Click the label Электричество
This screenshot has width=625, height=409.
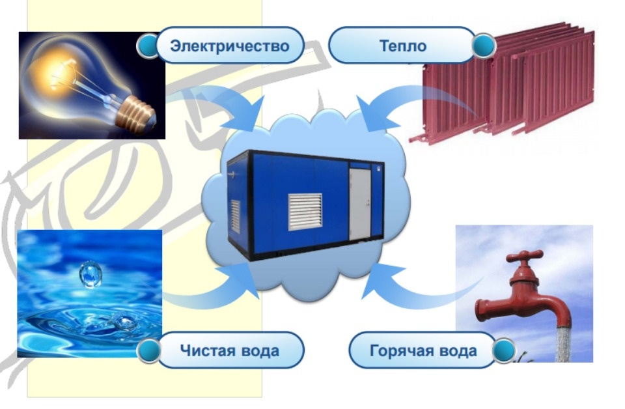(229, 46)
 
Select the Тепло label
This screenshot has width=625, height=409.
(402, 46)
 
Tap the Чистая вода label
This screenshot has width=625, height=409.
(229, 350)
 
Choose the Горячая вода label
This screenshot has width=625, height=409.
(423, 350)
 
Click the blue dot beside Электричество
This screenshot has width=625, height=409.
(148, 46)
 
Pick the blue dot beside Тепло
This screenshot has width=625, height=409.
(483, 46)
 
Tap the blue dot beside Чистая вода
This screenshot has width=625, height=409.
(149, 350)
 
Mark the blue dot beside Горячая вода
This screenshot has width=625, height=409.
(503, 352)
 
